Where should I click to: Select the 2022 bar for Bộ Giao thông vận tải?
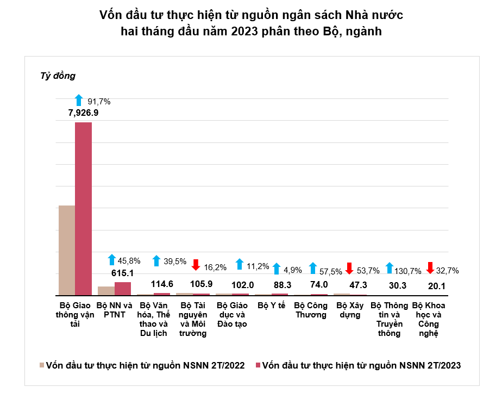(66, 250)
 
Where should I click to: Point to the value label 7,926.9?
(83, 113)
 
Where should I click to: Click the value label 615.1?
(122, 273)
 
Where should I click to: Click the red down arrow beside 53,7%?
(350, 268)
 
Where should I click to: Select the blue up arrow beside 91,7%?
(79, 100)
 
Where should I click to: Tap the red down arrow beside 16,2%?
(197, 265)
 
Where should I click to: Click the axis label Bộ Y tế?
(272, 306)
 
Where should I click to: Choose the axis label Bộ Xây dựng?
(350, 310)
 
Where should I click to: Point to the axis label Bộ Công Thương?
(311, 310)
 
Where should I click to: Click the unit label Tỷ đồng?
(58, 76)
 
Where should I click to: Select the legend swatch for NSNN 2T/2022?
(42, 365)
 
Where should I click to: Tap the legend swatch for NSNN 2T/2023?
(258, 365)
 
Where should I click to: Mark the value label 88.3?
(272, 284)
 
